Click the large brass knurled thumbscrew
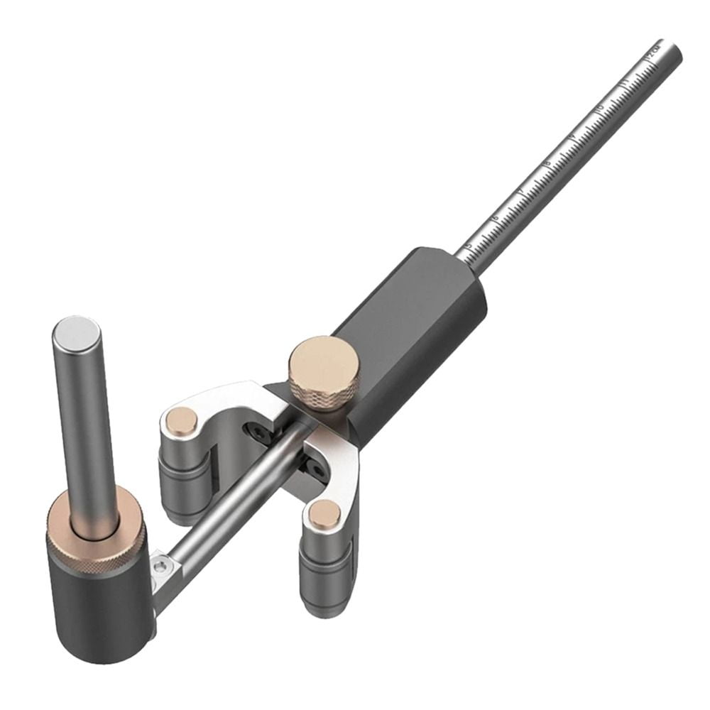click(323, 368)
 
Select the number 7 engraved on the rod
click(521, 191)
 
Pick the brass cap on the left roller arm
click(180, 423)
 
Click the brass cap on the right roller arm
click(324, 512)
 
